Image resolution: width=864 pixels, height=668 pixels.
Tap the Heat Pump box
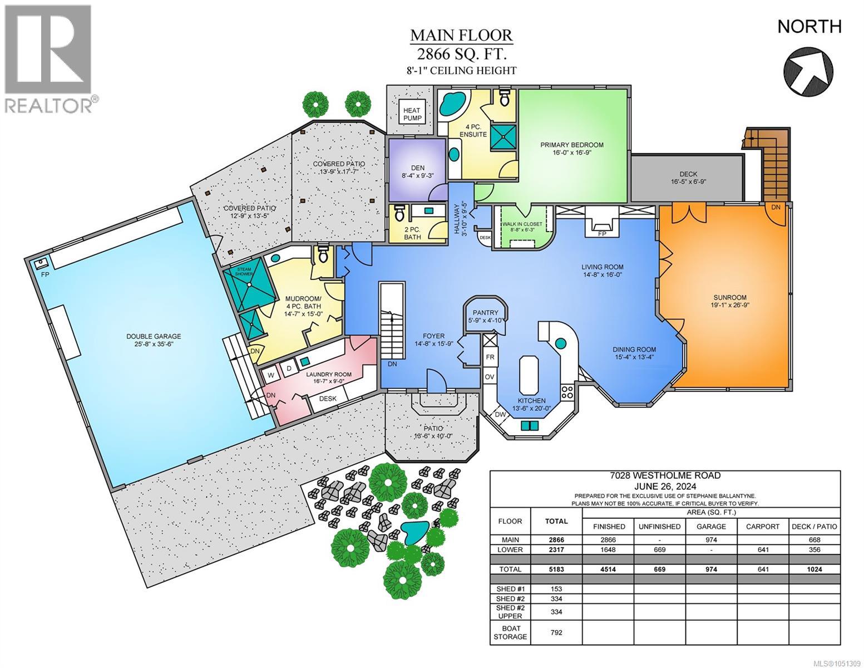click(412, 114)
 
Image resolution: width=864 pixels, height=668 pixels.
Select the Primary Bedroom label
click(572, 149)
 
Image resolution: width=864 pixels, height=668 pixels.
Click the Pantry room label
click(486, 316)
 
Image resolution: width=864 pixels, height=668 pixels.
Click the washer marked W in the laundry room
click(271, 375)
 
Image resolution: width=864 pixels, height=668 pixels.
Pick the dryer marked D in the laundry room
click(289, 369)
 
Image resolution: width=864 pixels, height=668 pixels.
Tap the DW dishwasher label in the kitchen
click(500, 415)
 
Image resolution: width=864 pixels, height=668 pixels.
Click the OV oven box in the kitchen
click(490, 376)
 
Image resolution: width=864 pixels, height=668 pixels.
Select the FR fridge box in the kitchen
click(490, 357)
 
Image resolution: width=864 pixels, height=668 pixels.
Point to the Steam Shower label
click(244, 272)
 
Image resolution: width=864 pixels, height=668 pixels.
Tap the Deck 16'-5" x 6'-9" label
click(688, 178)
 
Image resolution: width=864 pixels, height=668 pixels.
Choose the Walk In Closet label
click(522, 227)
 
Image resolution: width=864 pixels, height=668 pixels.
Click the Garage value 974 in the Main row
click(711, 540)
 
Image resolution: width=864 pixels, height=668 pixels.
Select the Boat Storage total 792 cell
click(556, 632)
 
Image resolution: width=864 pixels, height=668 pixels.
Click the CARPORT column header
click(763, 527)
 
